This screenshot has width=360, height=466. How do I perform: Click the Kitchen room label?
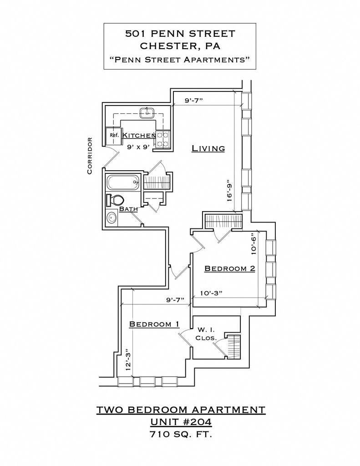(x=139, y=136)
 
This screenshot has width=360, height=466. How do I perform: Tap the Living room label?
(x=208, y=148)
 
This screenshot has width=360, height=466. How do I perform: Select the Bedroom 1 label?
(x=154, y=324)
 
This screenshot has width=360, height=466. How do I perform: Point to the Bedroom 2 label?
(x=230, y=268)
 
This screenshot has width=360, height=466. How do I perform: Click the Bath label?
(x=128, y=209)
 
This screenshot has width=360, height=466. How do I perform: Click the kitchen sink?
(x=147, y=113)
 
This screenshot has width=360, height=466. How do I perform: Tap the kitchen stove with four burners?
(x=162, y=140)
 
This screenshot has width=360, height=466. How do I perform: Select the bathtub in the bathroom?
(x=123, y=182)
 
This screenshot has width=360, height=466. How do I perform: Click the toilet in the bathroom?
(x=115, y=200)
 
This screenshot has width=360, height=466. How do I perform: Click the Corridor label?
(x=90, y=156)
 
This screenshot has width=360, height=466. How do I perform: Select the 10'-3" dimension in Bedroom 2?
(x=211, y=293)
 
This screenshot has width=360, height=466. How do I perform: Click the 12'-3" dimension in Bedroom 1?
(x=128, y=360)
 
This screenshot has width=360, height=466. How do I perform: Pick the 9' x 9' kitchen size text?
(x=138, y=147)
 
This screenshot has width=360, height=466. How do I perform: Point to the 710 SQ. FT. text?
(x=181, y=435)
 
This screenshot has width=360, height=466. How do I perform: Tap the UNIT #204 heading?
(x=181, y=422)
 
